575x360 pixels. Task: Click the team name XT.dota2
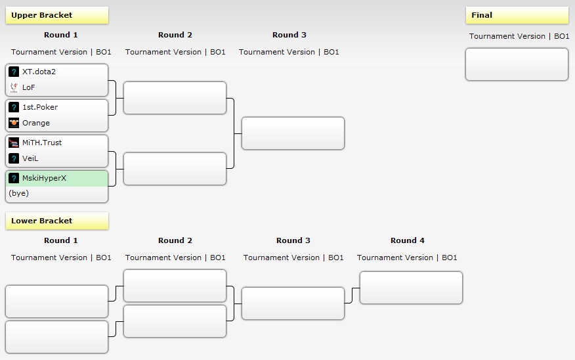pyautogui.click(x=39, y=72)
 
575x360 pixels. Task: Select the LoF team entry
pyautogui.click(x=28, y=87)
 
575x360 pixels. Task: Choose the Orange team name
pyautogui.click(x=35, y=123)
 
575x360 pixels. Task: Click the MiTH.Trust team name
pyautogui.click(x=42, y=143)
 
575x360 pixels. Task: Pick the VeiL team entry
pyautogui.click(x=31, y=158)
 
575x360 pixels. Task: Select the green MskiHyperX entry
pyautogui.click(x=44, y=177)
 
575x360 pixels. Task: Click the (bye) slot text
pyautogui.click(x=18, y=193)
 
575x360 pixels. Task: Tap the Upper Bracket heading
pyautogui.click(x=42, y=15)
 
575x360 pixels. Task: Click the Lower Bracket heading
pyautogui.click(x=42, y=221)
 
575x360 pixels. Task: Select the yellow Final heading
pyautogui.click(x=482, y=15)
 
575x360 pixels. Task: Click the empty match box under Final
pyautogui.click(x=517, y=64)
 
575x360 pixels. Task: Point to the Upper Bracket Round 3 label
pyautogui.click(x=289, y=35)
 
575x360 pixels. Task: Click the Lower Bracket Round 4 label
pyautogui.click(x=408, y=240)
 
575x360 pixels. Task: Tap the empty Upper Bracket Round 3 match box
pyautogui.click(x=293, y=133)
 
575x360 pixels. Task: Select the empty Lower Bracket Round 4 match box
pyautogui.click(x=411, y=288)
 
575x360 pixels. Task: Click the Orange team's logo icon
pyautogui.click(x=14, y=123)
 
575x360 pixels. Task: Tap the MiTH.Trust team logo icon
pyautogui.click(x=14, y=143)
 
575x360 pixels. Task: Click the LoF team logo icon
pyautogui.click(x=14, y=87)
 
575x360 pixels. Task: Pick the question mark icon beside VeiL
pyautogui.click(x=14, y=158)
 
